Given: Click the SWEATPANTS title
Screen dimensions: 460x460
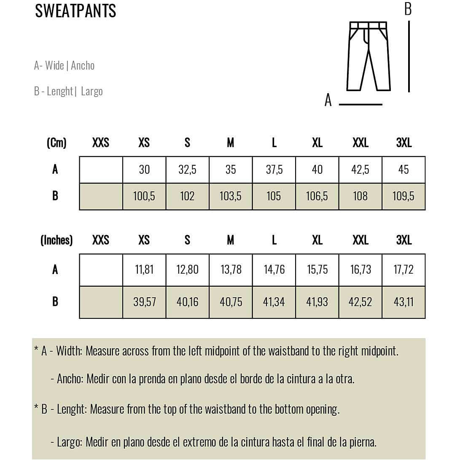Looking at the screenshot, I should (75, 11).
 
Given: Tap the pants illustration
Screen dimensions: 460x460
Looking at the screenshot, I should (369, 56).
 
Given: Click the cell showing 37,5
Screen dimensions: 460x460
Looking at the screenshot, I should (274, 169).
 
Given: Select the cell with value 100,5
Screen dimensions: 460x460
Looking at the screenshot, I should (144, 196).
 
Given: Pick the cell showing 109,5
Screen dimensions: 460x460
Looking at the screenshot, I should (404, 196).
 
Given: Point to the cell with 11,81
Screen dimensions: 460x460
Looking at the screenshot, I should (144, 269).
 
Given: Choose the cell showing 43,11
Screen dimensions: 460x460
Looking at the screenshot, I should (404, 302).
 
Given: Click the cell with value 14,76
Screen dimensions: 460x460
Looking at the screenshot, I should (274, 269).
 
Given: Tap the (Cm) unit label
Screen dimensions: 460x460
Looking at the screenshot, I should (56, 143).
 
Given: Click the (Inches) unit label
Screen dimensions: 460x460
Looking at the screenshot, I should (56, 240).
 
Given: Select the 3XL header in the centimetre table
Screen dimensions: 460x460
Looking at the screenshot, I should (404, 143).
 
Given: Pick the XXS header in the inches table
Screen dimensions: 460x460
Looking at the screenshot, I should (101, 240).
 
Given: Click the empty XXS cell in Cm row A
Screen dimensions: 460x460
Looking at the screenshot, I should (101, 169).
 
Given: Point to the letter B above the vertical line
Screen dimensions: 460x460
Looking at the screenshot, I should (408, 8).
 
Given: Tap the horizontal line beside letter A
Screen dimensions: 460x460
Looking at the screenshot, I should (360, 104).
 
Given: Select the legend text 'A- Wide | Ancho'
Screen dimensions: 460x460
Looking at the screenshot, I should (64, 66).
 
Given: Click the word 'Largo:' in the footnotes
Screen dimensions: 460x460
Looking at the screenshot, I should (70, 442).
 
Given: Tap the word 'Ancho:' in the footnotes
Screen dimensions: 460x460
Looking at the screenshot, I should (70, 379).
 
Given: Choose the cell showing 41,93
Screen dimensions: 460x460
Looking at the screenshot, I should (317, 302).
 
